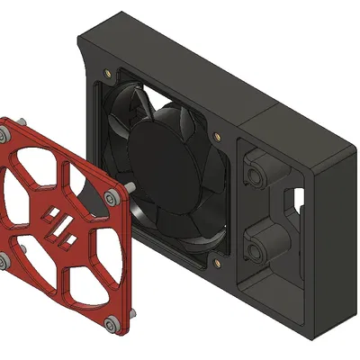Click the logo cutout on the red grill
(x=61, y=225)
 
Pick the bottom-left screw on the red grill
(x=3, y=262)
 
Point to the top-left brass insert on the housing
(x=109, y=71)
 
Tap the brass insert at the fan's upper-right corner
(x=217, y=137)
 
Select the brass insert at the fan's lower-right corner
(x=217, y=264)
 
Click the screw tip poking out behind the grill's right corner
(x=132, y=187)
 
